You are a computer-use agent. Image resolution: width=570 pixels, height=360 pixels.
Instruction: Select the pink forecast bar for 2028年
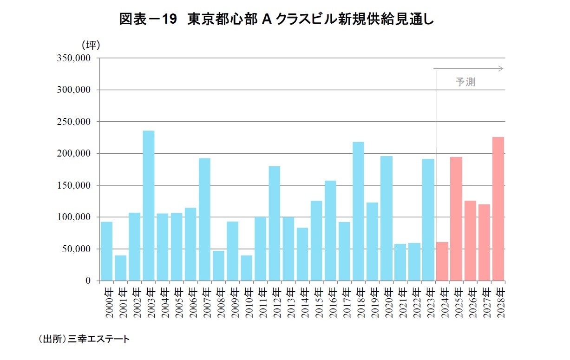click(x=498, y=209)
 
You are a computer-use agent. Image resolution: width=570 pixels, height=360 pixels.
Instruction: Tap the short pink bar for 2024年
click(x=442, y=261)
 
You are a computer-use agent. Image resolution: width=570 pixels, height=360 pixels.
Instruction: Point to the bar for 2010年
click(x=246, y=268)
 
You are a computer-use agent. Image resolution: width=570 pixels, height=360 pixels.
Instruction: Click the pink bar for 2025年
click(x=456, y=219)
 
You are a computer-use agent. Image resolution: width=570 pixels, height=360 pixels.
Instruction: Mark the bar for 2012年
click(x=275, y=223)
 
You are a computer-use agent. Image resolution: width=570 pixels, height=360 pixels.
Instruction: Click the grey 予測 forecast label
click(x=465, y=83)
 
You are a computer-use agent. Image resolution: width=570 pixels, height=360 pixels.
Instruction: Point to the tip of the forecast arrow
click(x=503, y=69)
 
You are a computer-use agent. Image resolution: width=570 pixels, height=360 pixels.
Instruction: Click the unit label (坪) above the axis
click(x=91, y=45)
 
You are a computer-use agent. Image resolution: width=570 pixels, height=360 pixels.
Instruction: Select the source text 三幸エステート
click(x=99, y=339)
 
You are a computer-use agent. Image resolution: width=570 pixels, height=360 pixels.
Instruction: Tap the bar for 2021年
click(x=400, y=262)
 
